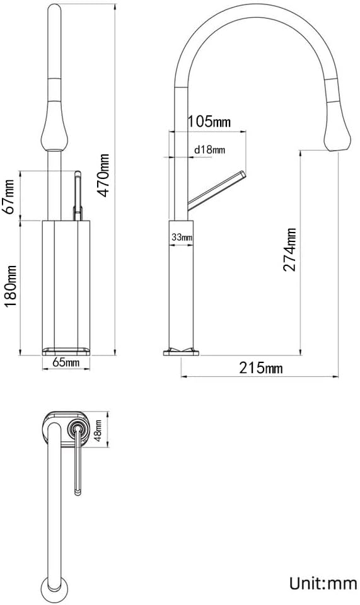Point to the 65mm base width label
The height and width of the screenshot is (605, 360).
click(x=66, y=362)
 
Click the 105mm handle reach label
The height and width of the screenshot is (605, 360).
click(x=209, y=123)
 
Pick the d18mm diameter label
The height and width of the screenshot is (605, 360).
click(x=209, y=149)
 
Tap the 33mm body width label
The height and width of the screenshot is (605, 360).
click(x=182, y=237)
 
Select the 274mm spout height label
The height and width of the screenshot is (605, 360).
click(x=289, y=250)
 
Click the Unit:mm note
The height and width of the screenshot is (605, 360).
click(x=323, y=582)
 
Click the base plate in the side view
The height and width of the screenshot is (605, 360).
click(x=181, y=351)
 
